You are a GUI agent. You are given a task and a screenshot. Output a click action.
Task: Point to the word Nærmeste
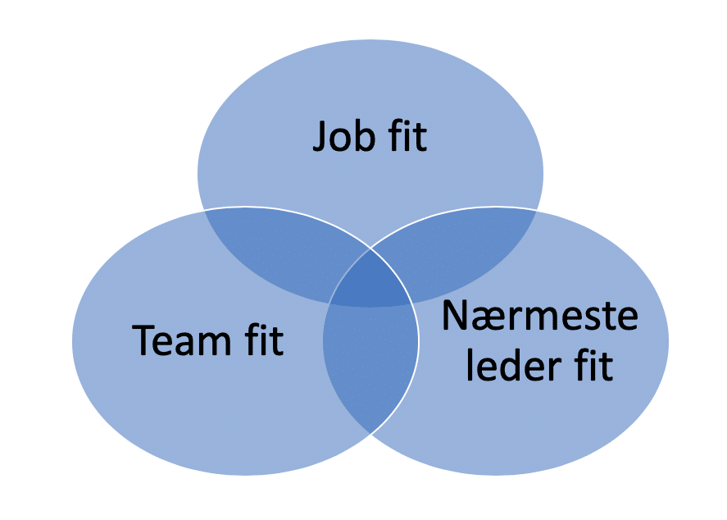(540, 317)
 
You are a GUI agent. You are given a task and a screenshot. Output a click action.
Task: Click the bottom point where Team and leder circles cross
(370, 431)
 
